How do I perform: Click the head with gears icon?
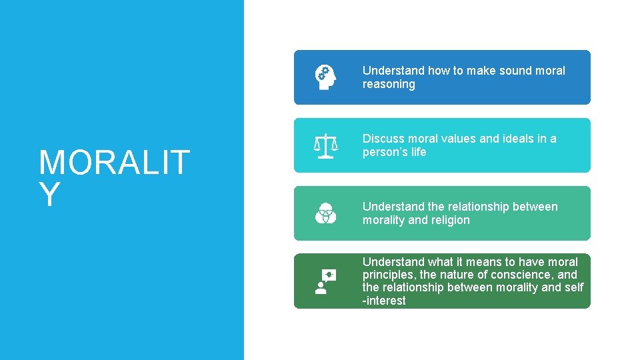tap(325, 77)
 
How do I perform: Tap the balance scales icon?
tap(325, 145)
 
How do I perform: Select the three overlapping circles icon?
tap(325, 213)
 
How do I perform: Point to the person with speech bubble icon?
tap(325, 281)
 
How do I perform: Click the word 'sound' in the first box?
tap(512, 71)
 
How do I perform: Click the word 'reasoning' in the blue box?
tap(389, 84)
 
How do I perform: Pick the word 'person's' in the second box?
tap(385, 152)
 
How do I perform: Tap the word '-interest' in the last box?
tap(384, 301)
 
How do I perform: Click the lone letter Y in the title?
tap(49, 195)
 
